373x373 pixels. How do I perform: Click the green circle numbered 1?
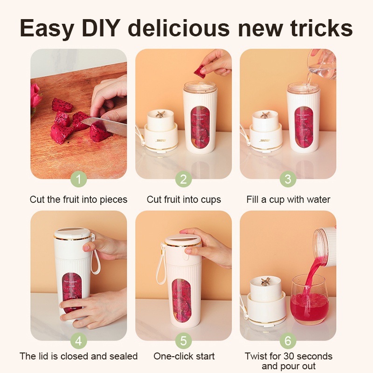coord(79,179)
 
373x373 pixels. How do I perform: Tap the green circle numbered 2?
coord(184,179)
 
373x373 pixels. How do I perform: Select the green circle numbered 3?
coord(288,179)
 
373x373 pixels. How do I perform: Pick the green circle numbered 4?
coord(79,341)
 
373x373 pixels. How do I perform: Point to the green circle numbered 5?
coord(184,341)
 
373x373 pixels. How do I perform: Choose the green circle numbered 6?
coord(288,341)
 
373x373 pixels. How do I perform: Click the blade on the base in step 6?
coord(266,281)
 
